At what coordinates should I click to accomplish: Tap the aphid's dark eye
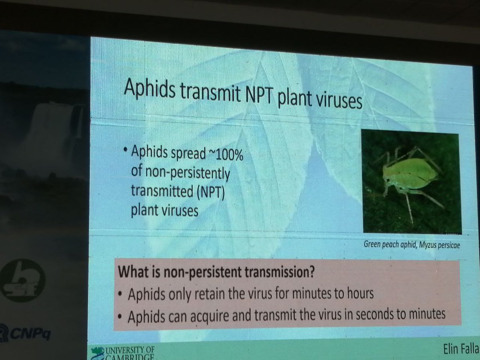tap(387, 180)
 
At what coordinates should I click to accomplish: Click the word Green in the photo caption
tap(372, 244)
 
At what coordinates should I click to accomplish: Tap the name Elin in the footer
tap(454, 350)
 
